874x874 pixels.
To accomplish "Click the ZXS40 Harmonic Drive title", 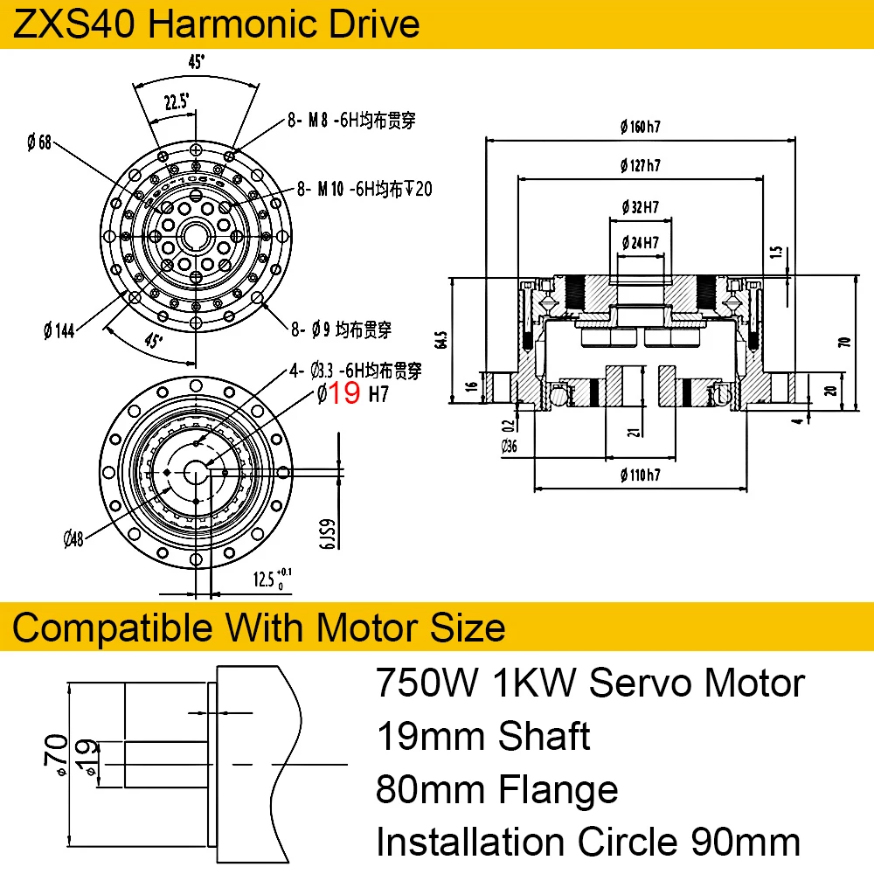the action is point(217,24).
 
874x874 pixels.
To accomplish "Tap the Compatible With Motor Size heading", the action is point(260,627).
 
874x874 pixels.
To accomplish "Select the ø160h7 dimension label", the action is point(639,127).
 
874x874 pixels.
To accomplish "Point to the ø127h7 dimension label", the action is point(639,165).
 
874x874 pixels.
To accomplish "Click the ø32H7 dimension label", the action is point(640,207).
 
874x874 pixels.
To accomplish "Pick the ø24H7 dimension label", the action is point(639,241).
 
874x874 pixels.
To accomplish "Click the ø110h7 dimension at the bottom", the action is point(639,475).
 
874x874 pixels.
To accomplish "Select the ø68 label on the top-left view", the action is point(38,141).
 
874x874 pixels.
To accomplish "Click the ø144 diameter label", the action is point(59,329).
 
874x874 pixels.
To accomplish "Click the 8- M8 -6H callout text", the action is point(350,121).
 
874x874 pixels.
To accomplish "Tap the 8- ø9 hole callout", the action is point(341,329).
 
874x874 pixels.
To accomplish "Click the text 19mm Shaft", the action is point(483,737).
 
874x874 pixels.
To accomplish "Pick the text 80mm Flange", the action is point(496,790).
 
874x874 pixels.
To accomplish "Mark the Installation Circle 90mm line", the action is point(587,843).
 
